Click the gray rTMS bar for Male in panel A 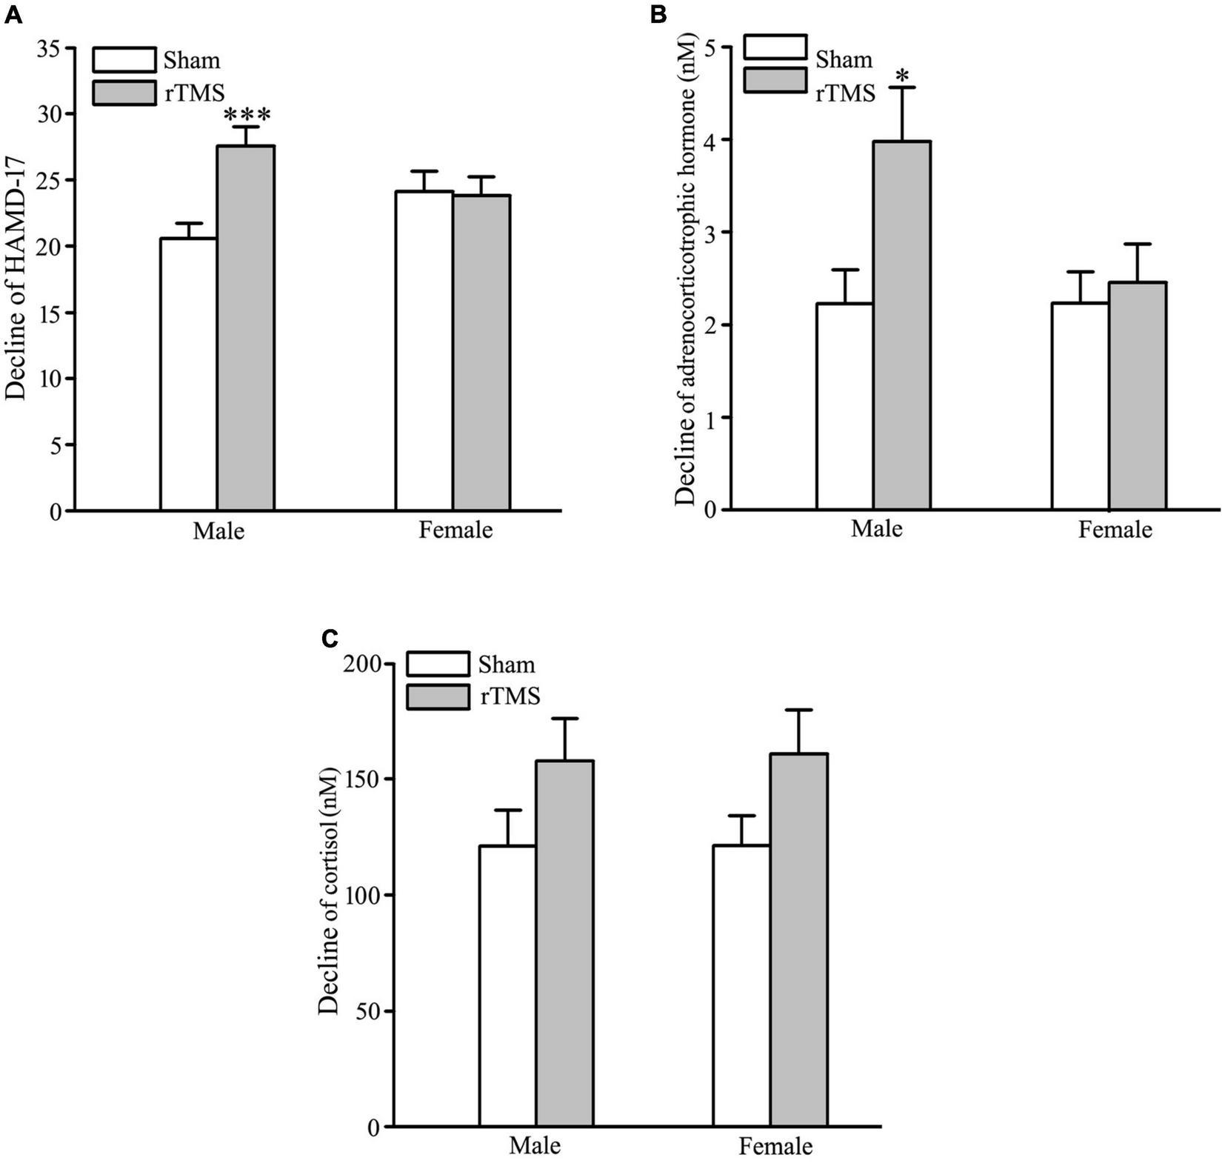tap(245, 328)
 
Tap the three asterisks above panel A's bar tap(247, 116)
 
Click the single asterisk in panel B tap(901, 76)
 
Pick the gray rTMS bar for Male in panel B tap(901, 325)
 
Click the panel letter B tap(658, 13)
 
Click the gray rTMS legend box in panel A tap(124, 93)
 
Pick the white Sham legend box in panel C tap(438, 664)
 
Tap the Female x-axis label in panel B tap(1115, 530)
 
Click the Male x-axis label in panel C tap(535, 1146)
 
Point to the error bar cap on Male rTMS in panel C tap(564, 719)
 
